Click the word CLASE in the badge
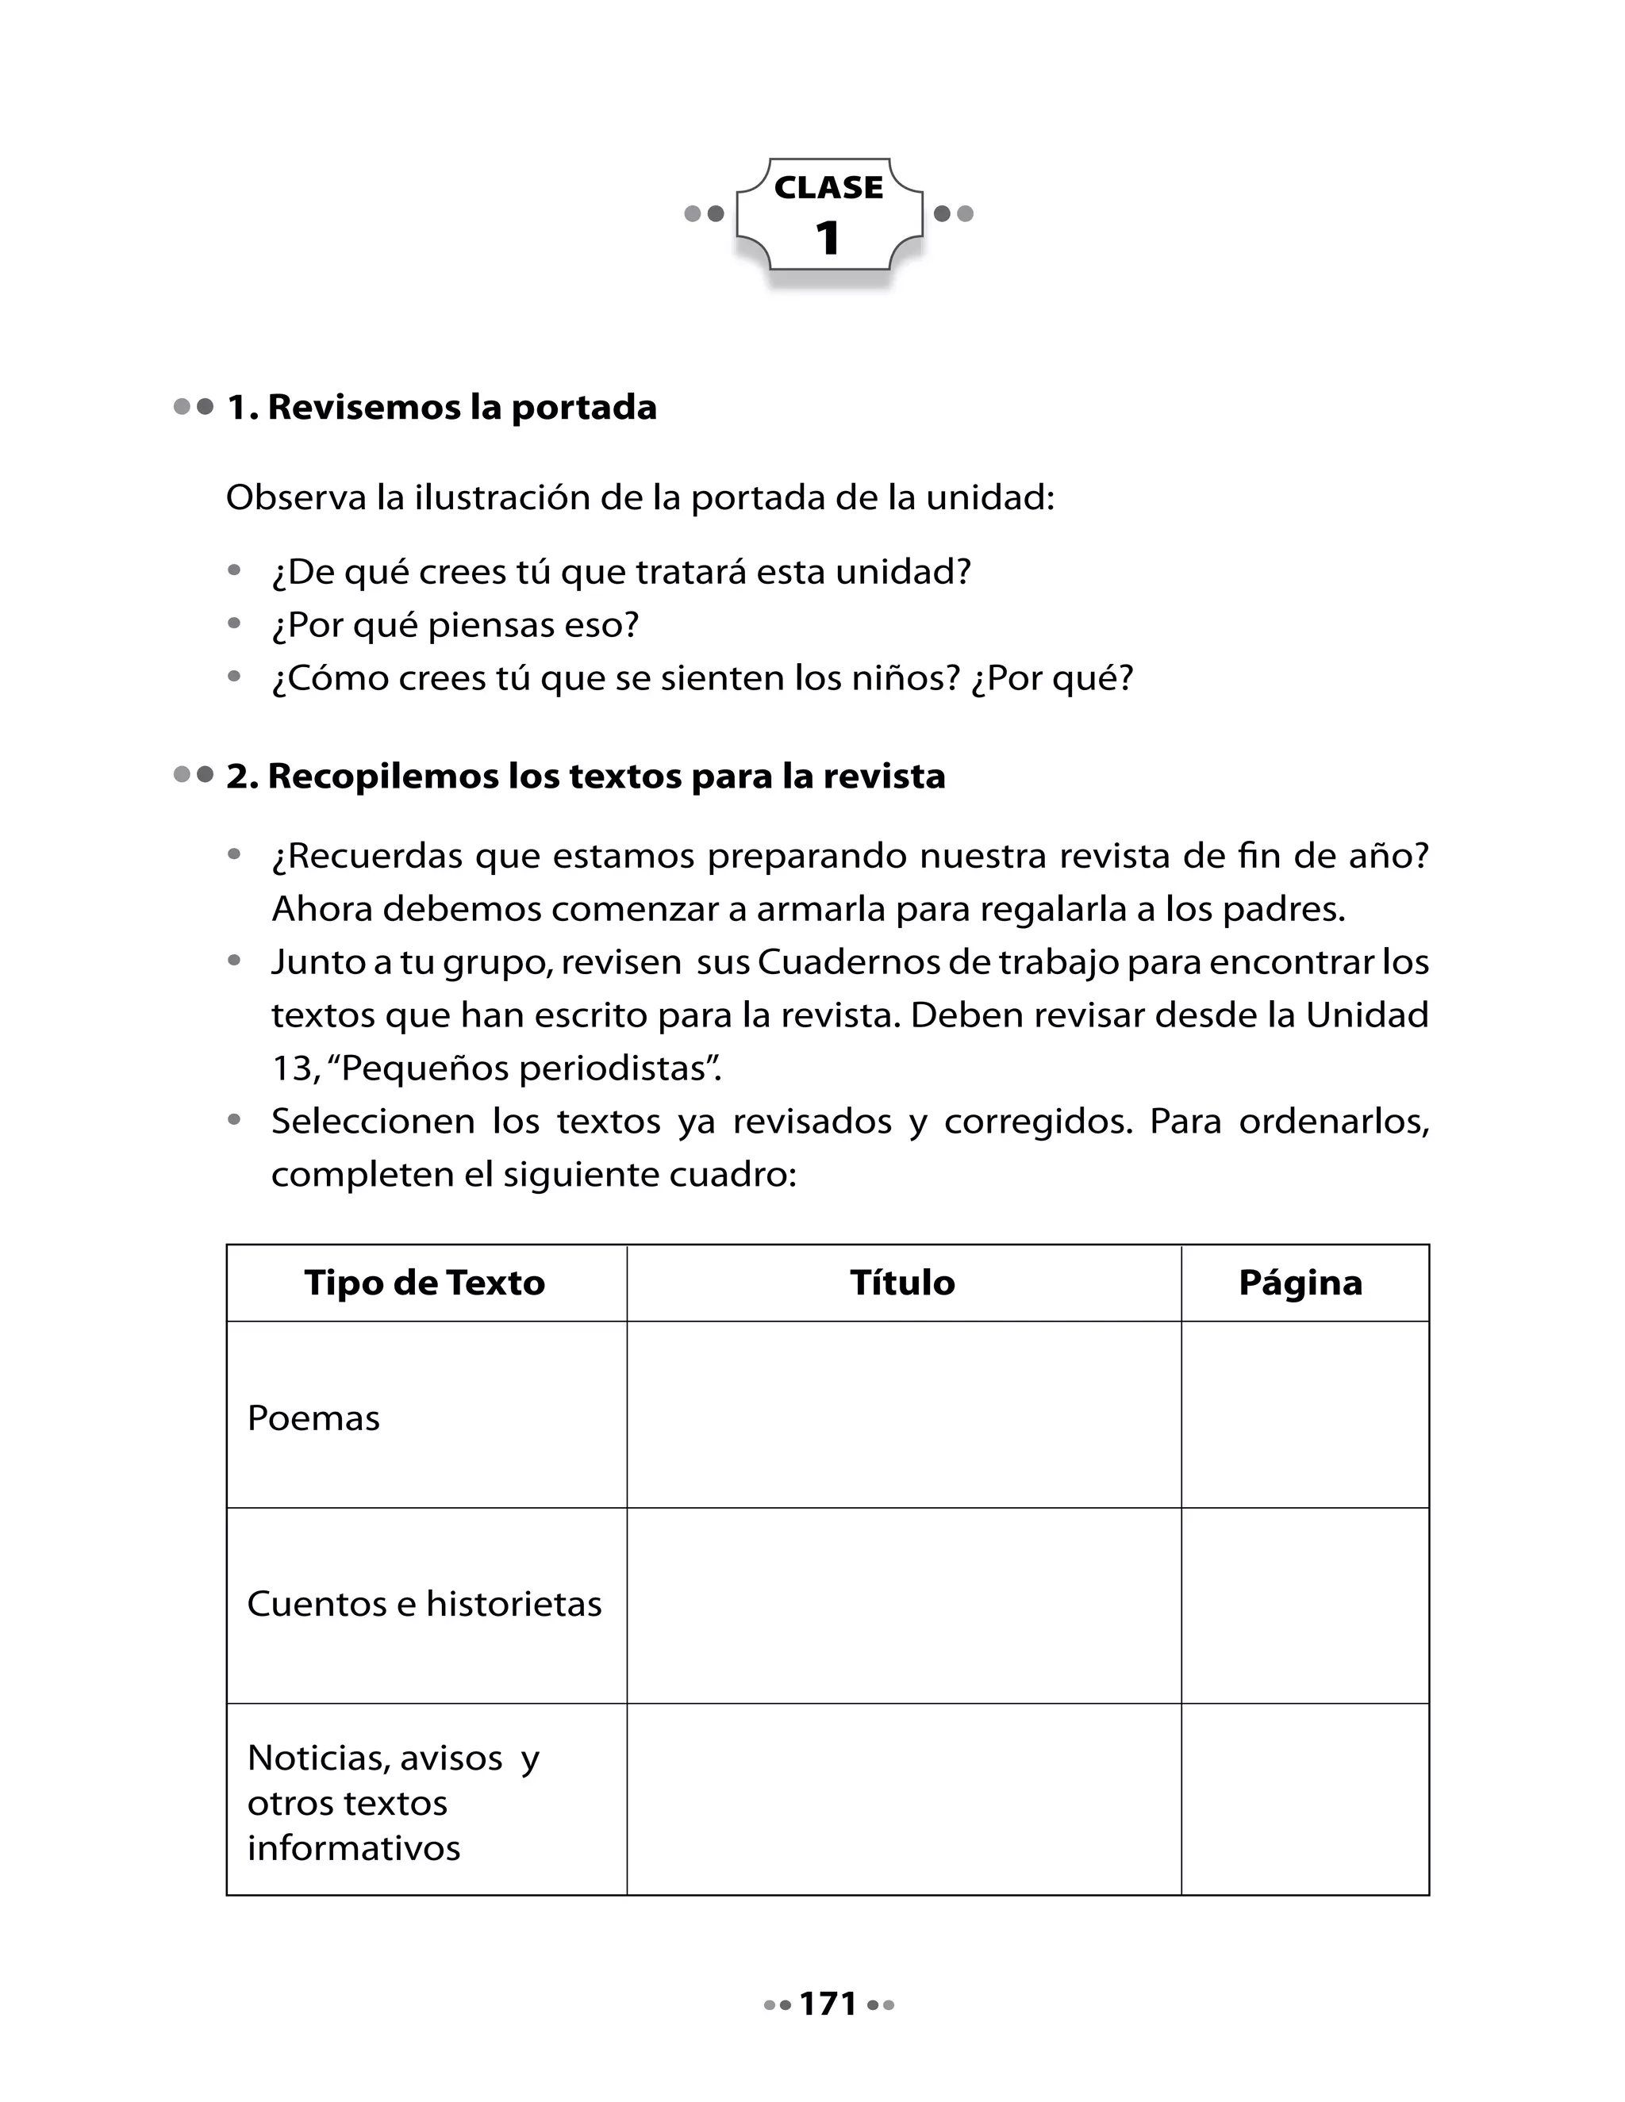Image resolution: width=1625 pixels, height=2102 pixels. pos(828,188)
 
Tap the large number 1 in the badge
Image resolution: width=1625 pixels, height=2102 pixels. pos(828,238)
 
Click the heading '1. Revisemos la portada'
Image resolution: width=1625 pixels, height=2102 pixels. pos(442,407)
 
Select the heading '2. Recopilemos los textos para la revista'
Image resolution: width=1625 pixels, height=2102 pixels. pos(586,776)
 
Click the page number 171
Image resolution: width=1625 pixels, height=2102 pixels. pos(828,2004)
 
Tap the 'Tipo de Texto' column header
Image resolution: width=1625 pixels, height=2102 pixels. pos(424,1283)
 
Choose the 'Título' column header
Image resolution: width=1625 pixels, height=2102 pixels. pos(902,1283)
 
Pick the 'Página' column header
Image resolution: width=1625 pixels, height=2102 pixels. pos(1300,1283)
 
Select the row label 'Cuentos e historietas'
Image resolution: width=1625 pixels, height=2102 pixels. pos(424,1603)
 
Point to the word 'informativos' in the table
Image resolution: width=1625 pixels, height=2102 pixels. pos(353,1848)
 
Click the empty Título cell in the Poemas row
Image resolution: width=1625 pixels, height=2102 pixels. pos(902,1415)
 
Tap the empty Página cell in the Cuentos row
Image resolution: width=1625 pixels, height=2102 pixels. pos(1304,1605)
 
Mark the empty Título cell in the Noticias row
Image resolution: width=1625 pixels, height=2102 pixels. pos(902,1800)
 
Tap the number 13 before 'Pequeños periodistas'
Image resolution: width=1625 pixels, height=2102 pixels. pos(292,1068)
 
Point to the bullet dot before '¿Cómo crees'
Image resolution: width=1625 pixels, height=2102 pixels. pos(234,677)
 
